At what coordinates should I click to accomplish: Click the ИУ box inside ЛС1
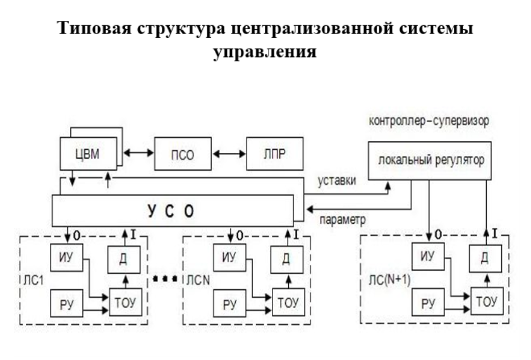tap(68, 259)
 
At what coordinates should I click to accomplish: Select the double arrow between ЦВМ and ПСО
tap(139, 154)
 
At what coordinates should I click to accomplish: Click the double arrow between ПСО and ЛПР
tap(229, 154)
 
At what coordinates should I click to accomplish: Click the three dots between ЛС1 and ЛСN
tap(165, 279)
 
